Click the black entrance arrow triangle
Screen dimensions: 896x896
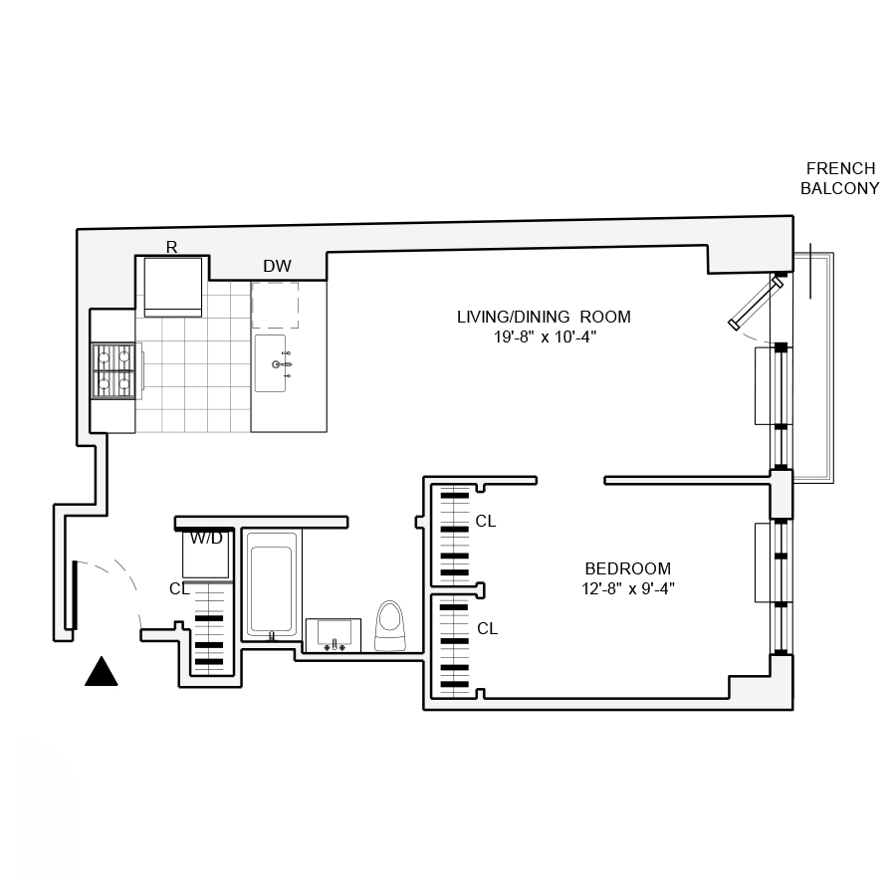click(x=101, y=673)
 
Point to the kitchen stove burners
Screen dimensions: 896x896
click(x=112, y=369)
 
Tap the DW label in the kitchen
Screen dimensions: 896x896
click(x=277, y=267)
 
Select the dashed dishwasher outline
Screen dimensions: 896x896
click(x=275, y=305)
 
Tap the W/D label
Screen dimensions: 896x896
click(x=206, y=539)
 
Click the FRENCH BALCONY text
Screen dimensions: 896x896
click(x=840, y=178)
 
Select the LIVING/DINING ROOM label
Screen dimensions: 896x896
click(x=544, y=318)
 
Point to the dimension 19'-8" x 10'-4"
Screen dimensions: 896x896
click(x=544, y=337)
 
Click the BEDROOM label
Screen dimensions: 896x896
click(x=627, y=568)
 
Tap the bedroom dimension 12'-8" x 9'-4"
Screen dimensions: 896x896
click(x=630, y=588)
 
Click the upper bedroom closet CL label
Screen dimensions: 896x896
click(x=486, y=521)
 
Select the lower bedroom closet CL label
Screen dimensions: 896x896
click(x=487, y=629)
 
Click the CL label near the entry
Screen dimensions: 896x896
click(x=179, y=588)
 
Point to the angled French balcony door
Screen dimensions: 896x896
click(x=757, y=303)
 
